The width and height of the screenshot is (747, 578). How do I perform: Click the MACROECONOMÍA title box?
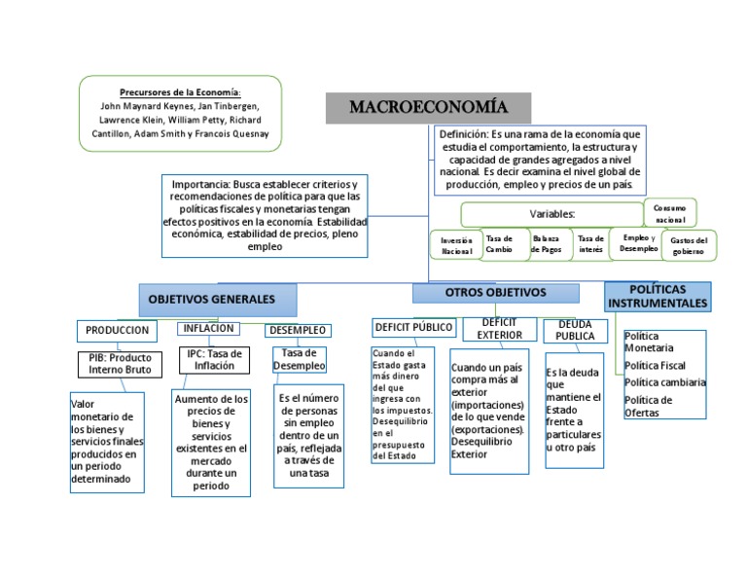coord(428,107)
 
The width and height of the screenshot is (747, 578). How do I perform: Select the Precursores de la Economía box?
coord(180,112)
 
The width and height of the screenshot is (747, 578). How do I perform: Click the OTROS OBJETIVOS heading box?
coord(495,293)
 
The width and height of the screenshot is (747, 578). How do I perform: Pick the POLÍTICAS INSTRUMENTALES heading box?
coord(658,296)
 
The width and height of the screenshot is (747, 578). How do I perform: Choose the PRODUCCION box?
coord(117,331)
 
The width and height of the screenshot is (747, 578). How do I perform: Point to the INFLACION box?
coord(207,329)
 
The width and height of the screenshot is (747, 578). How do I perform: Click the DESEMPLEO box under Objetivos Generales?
coord(297,331)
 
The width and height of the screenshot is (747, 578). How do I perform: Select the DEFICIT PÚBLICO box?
coord(412,327)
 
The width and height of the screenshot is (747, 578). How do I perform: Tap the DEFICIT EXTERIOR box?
coord(499,329)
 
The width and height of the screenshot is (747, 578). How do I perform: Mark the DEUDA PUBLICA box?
coord(574,331)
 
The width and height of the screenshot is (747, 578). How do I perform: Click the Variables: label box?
coord(551,214)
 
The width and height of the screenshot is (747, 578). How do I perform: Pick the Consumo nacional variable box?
coord(670,214)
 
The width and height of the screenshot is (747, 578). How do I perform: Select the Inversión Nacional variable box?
coord(455,245)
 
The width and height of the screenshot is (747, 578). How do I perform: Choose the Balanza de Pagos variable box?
coord(546,243)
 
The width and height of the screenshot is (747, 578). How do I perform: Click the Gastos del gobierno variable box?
coord(688,246)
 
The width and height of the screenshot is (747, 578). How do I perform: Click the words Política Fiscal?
coord(655,365)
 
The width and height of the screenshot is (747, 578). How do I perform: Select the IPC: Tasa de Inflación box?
coord(214,360)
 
